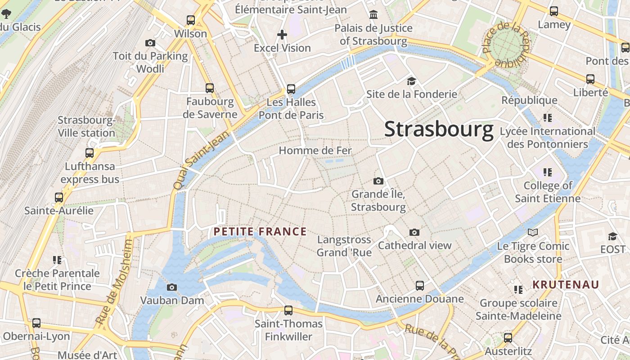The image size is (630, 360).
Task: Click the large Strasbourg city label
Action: [x=439, y=129]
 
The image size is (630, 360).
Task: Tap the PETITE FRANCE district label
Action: [x=260, y=232]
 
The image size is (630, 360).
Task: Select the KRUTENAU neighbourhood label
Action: [x=566, y=284]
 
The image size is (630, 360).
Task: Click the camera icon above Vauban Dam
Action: [x=171, y=287]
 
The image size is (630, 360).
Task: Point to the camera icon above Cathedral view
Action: [x=414, y=232]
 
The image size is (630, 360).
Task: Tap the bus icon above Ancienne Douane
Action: [x=419, y=285]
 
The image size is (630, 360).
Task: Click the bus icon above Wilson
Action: [x=191, y=20]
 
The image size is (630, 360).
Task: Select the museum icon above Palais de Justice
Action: [x=373, y=15]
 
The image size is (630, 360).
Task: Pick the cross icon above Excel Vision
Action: [x=282, y=34]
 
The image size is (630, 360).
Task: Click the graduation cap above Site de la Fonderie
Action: [x=411, y=81]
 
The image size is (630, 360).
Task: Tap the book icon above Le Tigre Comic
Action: [x=533, y=233]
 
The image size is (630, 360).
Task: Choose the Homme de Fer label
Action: [x=315, y=150]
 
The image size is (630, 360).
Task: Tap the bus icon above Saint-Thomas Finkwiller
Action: [x=288, y=310]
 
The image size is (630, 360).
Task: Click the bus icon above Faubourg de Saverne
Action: [x=209, y=88]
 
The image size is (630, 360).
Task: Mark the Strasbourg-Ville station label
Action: [x=86, y=126]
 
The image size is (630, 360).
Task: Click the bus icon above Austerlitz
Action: [x=508, y=337]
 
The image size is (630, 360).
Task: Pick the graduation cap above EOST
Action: [x=612, y=236]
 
